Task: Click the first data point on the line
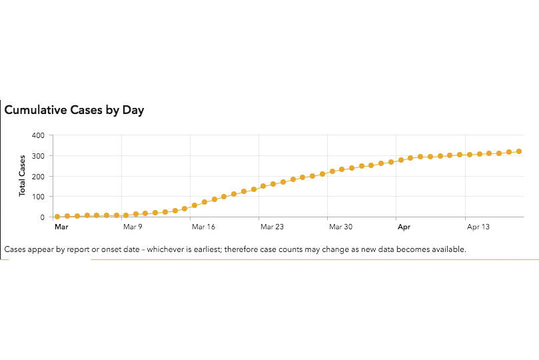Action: (57, 217)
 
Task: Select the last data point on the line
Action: (518, 151)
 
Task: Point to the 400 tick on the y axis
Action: (38, 135)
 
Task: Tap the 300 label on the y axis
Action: (38, 156)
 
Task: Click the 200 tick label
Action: (38, 177)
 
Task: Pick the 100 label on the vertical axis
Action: (38, 197)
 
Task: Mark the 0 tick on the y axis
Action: (41, 217)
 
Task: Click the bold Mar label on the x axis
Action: (61, 227)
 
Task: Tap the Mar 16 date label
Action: (203, 227)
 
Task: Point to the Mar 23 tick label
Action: (272, 227)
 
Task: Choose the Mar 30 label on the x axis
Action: (340, 227)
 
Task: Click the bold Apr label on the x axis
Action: (404, 227)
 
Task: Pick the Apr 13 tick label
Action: (478, 227)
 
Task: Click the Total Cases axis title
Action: (22, 175)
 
